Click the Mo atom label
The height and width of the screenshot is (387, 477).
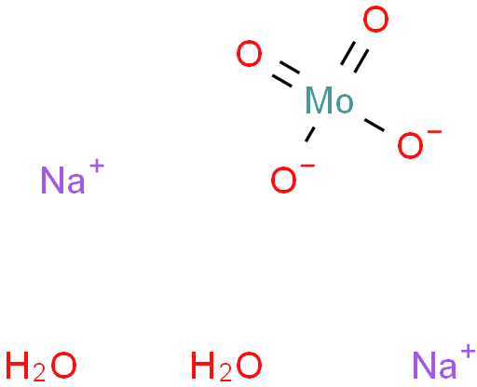click(330, 100)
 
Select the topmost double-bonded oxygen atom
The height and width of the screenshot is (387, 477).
click(375, 20)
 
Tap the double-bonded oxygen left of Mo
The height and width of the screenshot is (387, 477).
click(249, 53)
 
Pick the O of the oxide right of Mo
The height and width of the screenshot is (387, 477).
click(410, 145)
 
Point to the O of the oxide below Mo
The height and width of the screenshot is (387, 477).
click(283, 180)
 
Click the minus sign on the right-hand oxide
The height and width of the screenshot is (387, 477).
click(435, 132)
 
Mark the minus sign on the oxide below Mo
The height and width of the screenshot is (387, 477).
click(308, 167)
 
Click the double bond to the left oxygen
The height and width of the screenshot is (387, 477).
click(286, 74)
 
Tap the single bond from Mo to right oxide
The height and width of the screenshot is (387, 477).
click(375, 125)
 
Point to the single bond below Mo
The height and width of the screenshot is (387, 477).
click(310, 134)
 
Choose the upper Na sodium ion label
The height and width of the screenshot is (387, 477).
click(62, 180)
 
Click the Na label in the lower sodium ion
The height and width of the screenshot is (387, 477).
click(435, 365)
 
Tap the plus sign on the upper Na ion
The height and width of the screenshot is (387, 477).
click(97, 167)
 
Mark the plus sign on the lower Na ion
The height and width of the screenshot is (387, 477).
click(469, 353)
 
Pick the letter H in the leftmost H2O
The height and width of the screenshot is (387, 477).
click(18, 365)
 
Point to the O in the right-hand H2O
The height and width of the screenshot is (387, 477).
click(248, 365)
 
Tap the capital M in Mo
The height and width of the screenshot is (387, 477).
click(319, 100)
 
